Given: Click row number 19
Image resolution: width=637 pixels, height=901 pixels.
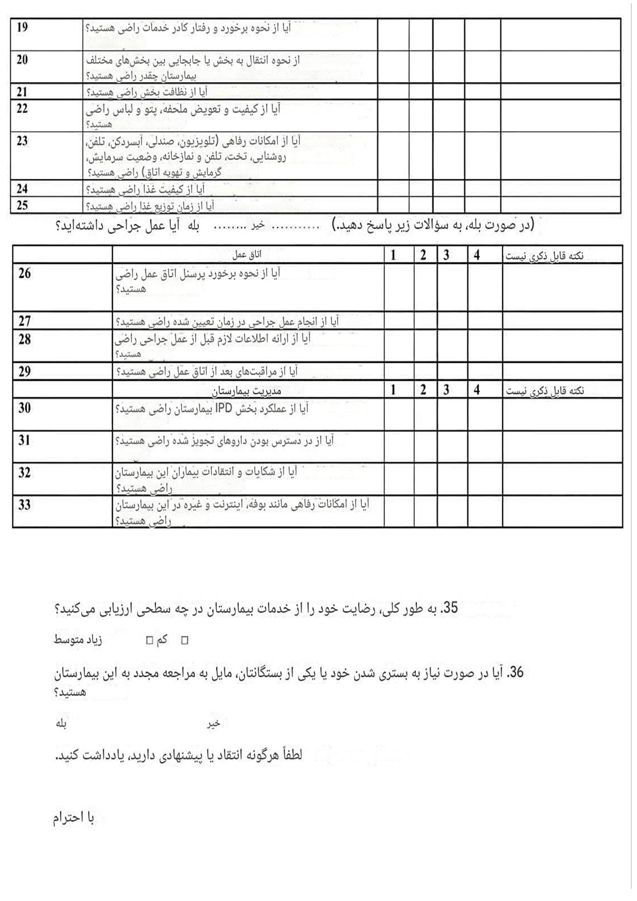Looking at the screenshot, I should pyautogui.click(x=22, y=28).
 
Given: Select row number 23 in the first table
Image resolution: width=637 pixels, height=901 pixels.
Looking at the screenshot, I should pyautogui.click(x=22, y=141).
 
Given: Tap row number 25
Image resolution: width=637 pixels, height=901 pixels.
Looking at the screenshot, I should pyautogui.click(x=22, y=205).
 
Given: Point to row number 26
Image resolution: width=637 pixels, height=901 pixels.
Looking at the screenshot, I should pyautogui.click(x=24, y=273).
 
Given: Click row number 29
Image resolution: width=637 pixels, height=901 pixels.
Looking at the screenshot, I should pyautogui.click(x=24, y=371).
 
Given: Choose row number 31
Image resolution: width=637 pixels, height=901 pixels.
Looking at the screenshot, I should pyautogui.click(x=24, y=440).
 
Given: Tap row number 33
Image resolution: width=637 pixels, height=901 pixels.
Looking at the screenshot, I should pyautogui.click(x=24, y=505).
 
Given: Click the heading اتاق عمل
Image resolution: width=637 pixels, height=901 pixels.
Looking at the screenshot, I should pyautogui.click(x=247, y=255).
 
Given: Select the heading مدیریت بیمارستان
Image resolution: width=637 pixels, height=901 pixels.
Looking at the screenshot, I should pyautogui.click(x=247, y=391).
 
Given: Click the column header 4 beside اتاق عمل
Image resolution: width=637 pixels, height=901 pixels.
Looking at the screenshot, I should pyautogui.click(x=476, y=255).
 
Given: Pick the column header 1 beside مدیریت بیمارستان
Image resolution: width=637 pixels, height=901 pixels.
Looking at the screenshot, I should pyautogui.click(x=393, y=390).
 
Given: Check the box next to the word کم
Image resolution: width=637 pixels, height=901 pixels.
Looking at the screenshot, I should pyautogui.click(x=149, y=641).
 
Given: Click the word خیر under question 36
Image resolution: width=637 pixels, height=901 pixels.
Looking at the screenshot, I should pyautogui.click(x=214, y=724).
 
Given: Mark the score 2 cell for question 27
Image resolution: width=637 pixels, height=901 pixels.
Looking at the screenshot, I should pyautogui.click(x=425, y=320).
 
